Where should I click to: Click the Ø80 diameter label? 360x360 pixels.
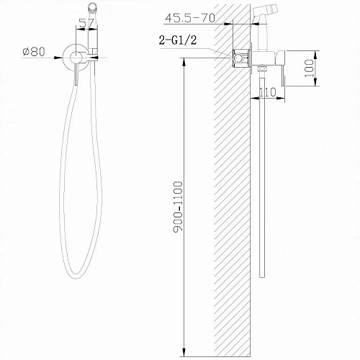(x=35, y=52)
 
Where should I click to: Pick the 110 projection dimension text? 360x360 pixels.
(x=268, y=91)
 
